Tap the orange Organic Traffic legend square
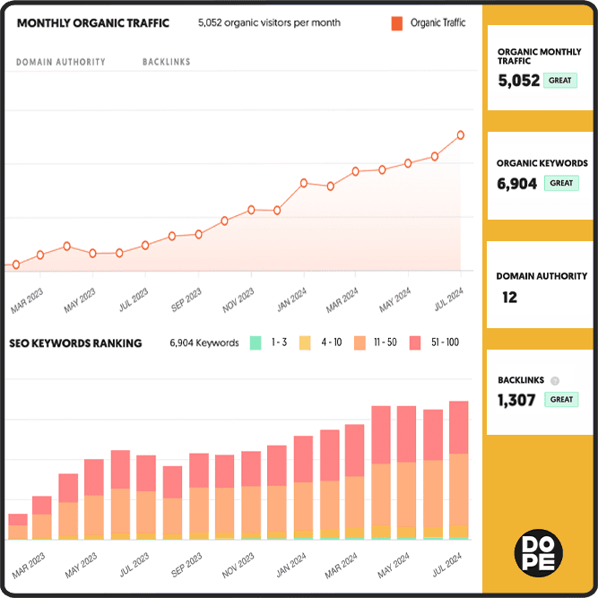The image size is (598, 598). click(x=396, y=23)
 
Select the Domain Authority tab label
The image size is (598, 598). click(x=61, y=62)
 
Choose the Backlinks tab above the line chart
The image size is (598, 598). click(x=166, y=62)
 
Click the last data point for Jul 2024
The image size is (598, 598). click(x=461, y=135)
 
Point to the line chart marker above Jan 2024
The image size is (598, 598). click(x=304, y=183)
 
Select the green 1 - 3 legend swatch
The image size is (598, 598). click(x=256, y=342)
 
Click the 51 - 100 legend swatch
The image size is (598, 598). click(x=415, y=342)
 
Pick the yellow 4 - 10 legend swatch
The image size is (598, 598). click(x=305, y=342)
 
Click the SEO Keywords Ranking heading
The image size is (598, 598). click(x=75, y=343)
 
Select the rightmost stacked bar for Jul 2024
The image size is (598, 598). click(x=458, y=470)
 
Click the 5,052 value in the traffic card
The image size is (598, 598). click(x=519, y=81)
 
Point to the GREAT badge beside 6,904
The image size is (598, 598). click(x=560, y=183)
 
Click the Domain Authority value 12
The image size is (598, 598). click(x=509, y=298)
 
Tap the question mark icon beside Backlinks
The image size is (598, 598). click(x=555, y=380)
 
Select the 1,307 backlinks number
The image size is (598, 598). click(x=517, y=400)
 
